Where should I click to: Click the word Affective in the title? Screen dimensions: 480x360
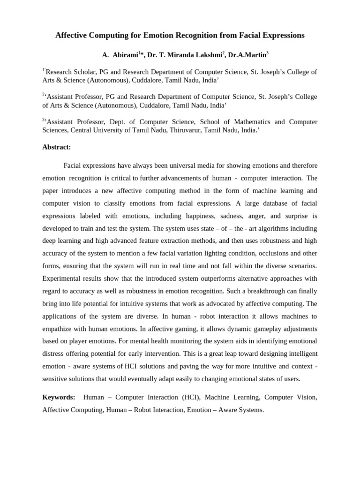pyautogui.click(x=72, y=35)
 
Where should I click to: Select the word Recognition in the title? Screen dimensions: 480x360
pyautogui.click(x=191, y=35)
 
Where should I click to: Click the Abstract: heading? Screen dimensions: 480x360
pyautogui.click(x=56, y=147)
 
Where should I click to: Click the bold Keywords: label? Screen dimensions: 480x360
pyautogui.click(x=59, y=397)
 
